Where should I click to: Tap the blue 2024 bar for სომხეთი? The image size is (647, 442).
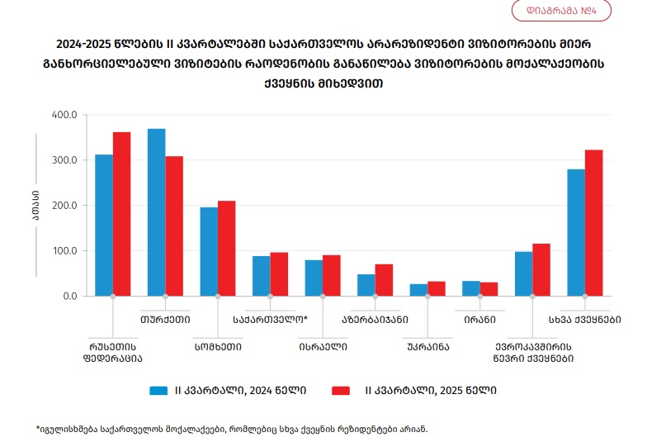tap(209, 251)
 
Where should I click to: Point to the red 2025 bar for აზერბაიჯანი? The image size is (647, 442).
tap(384, 280)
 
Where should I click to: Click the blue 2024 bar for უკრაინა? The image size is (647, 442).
tap(419, 290)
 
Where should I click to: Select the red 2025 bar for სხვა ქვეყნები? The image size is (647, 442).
tap(594, 222)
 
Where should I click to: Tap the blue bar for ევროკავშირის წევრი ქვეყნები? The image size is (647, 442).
tap(523, 273)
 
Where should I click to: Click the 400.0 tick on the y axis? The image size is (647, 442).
tap(64, 114)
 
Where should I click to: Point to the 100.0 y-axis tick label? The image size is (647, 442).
tap(64, 250)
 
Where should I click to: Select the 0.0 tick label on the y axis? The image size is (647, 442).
tap(68, 296)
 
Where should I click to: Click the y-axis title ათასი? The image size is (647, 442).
tap(36, 205)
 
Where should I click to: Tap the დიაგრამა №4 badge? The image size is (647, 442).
tap(560, 12)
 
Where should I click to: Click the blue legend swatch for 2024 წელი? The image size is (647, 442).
tap(159, 390)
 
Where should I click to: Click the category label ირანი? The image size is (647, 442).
tap(479, 318)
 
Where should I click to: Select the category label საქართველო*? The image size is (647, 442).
tap(270, 318)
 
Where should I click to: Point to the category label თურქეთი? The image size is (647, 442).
tap(166, 318)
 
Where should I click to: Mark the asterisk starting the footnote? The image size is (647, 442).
tap(38, 428)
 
